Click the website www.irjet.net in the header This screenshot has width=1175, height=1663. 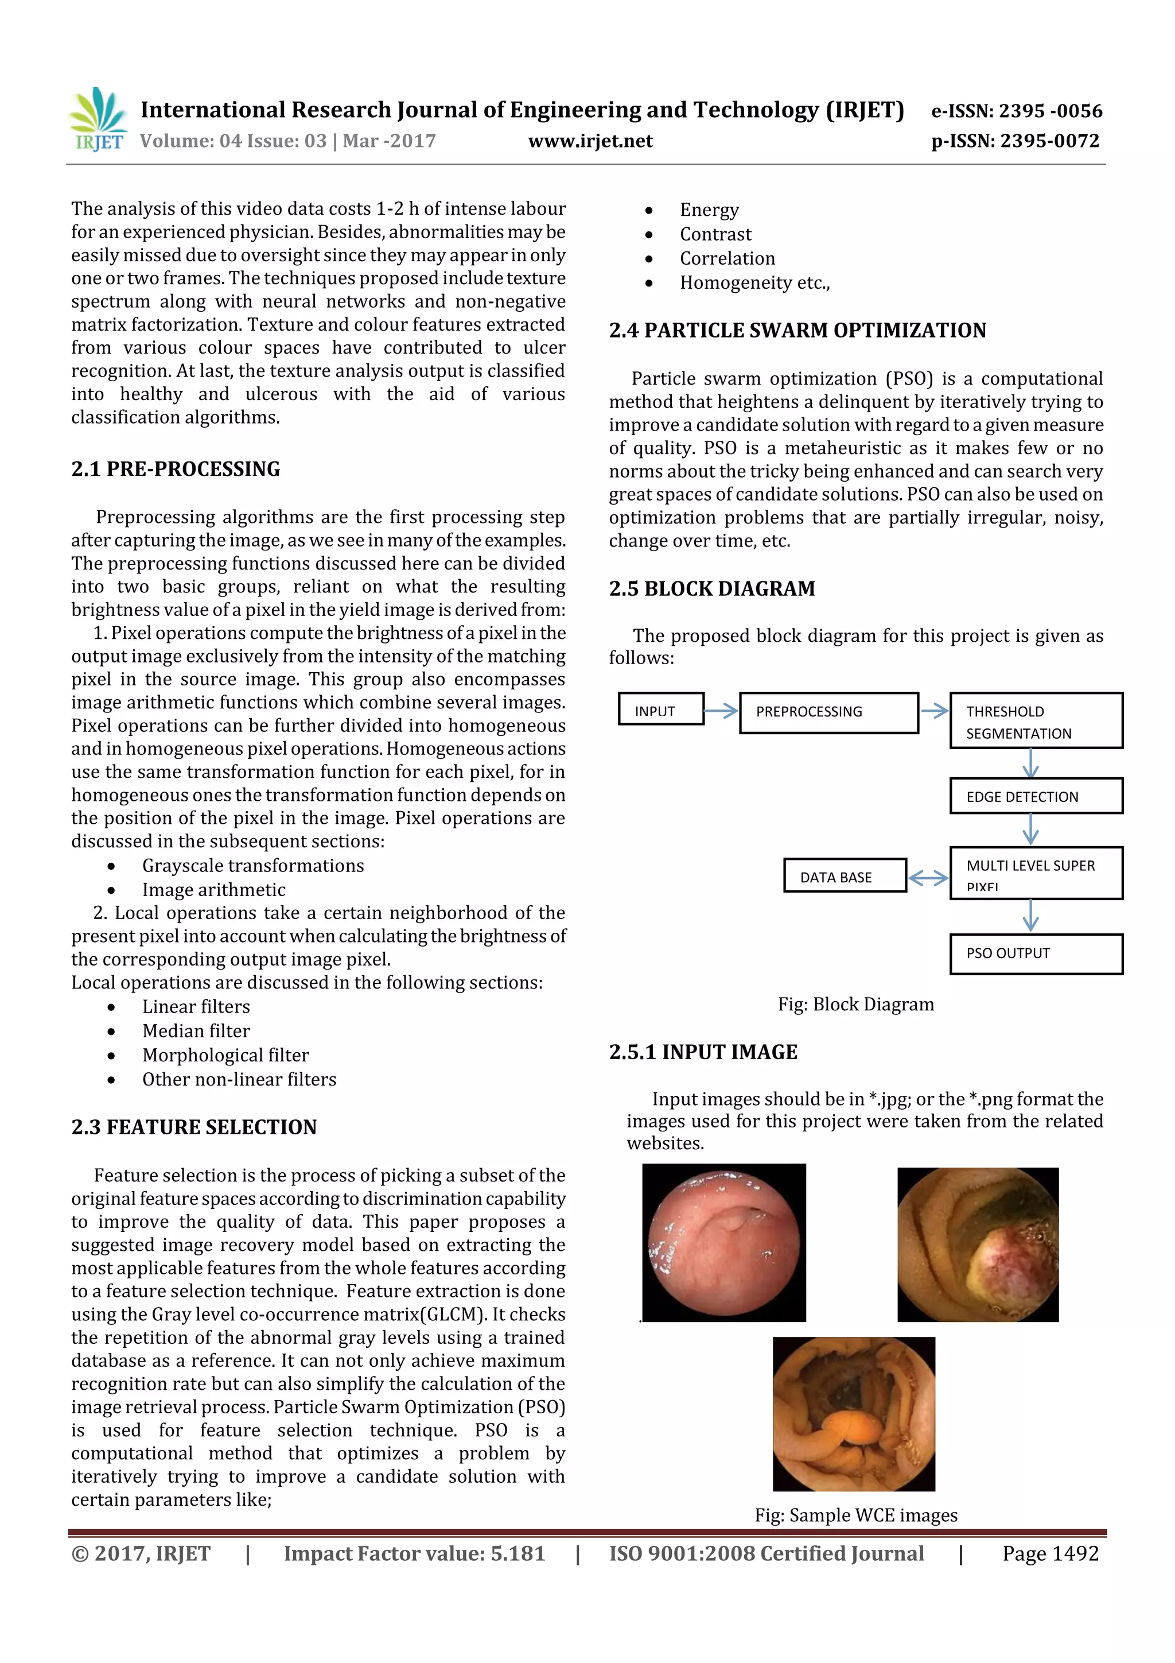tap(590, 141)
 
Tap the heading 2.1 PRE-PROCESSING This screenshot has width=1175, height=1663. tap(176, 470)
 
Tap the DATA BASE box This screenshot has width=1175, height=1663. tap(844, 875)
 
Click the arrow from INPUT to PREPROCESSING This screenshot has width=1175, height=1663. tap(721, 711)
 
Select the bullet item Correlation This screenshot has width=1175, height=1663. tap(727, 258)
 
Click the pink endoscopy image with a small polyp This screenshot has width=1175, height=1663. tap(724, 1242)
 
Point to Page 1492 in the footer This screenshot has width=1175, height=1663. tap(1050, 1553)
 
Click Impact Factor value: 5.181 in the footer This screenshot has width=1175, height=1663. tap(414, 1553)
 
